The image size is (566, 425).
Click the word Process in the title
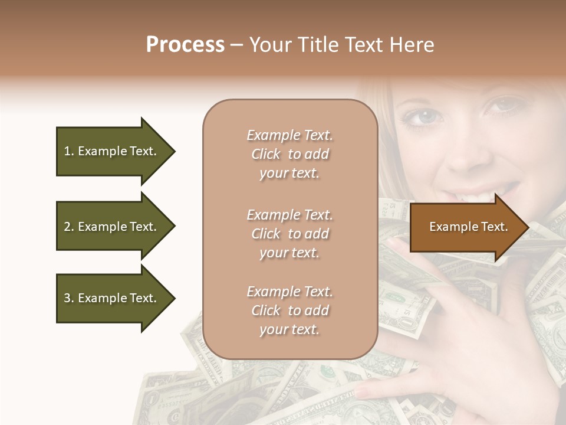[185, 45]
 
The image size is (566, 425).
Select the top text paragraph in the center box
[289, 154]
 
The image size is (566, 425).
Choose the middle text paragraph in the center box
[289, 234]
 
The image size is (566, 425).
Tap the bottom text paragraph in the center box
[289, 310]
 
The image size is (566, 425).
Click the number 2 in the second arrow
[67, 227]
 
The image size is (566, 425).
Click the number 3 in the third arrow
[67, 298]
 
